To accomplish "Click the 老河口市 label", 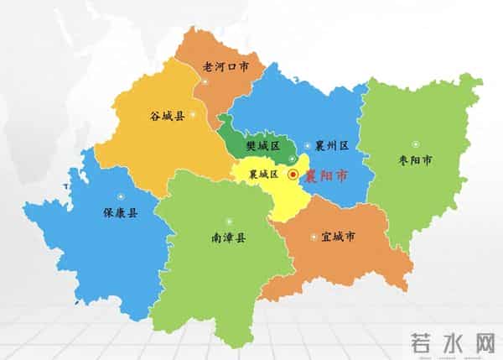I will click(226, 65).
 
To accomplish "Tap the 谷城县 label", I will click(168, 115).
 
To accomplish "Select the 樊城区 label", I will click(262, 145).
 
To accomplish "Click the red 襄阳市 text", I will click(326, 175).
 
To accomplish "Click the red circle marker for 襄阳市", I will click(293, 175).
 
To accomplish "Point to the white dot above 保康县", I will click(121, 197).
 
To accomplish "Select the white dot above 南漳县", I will click(228, 222).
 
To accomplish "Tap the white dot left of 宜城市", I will click(314, 237).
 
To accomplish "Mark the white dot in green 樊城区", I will click(292, 159).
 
